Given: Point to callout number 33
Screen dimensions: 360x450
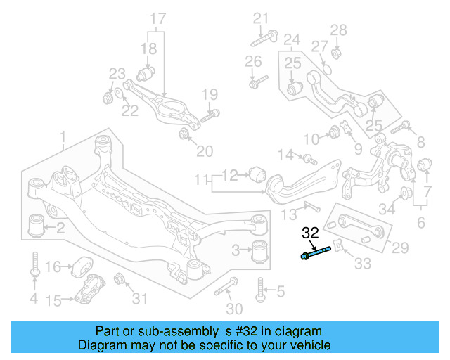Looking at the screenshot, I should coord(361,264).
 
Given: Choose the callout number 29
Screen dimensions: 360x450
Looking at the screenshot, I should coord(400,247).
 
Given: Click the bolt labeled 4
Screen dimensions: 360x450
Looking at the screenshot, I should coord(34,266).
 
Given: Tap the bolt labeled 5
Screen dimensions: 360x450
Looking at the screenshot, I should coord(261,288).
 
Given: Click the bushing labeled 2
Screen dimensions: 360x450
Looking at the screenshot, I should coord(35,225).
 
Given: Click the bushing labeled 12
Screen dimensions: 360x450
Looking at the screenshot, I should coord(257,172).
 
